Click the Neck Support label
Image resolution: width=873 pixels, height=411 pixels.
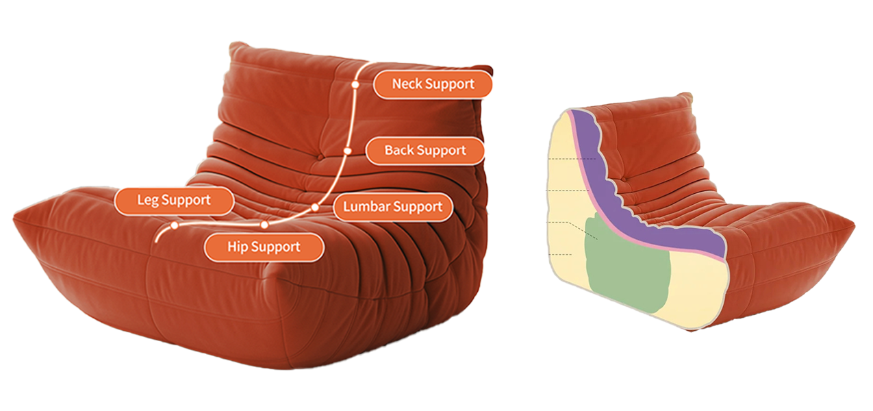pos(433,84)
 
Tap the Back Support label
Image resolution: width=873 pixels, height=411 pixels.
pos(425,150)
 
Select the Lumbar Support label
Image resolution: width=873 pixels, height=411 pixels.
pos(393,206)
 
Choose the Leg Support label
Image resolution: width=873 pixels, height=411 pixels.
pos(174,201)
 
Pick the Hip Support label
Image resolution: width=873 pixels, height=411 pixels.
pos(264,247)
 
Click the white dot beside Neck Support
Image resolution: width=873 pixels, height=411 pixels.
pos(355,84)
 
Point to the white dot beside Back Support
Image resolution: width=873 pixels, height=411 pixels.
pos(347,150)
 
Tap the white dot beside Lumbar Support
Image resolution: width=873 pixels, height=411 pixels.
pos(315,206)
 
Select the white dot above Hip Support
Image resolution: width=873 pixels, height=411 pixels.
pos(264,225)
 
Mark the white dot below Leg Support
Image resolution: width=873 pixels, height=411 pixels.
pos(175,225)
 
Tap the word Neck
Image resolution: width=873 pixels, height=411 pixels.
pos(407,84)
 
